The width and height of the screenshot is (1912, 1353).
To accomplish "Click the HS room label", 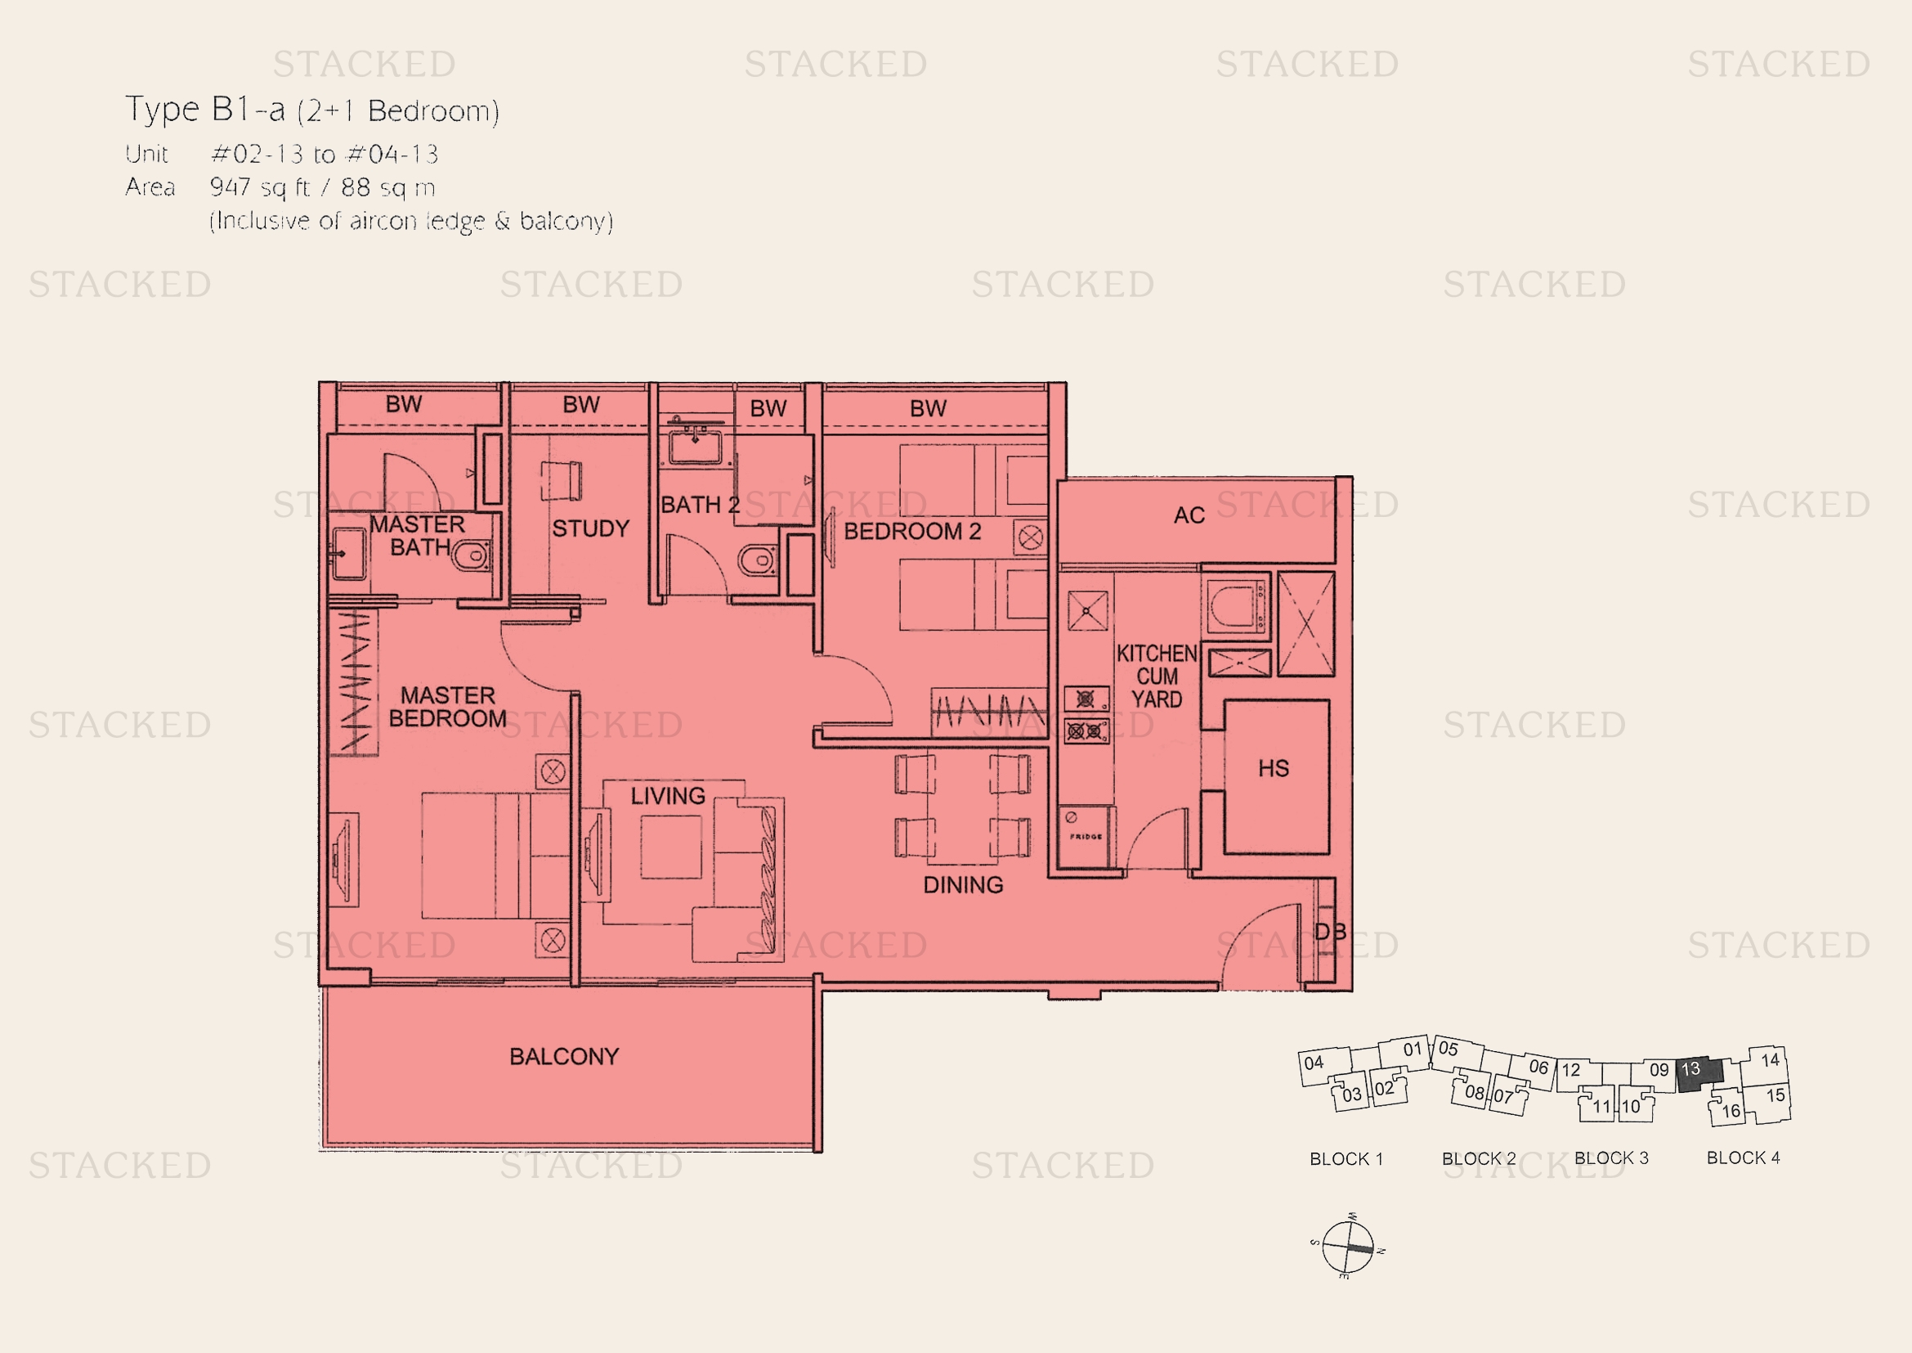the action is point(1274,768).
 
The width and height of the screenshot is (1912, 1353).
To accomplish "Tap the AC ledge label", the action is point(1189,515).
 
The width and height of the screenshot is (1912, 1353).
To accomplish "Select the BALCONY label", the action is point(565,1056).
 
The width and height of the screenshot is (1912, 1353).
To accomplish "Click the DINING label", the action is point(964,885).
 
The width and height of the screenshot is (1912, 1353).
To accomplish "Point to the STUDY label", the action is point(590,528).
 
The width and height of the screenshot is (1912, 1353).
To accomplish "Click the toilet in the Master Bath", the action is point(472,555).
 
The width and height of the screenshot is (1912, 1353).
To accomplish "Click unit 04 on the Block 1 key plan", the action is point(1324,1067).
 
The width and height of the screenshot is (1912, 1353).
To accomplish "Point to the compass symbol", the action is point(1346,1247).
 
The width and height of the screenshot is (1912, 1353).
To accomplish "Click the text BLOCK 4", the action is point(1743,1157).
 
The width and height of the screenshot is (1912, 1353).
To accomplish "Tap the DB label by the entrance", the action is point(1330,932).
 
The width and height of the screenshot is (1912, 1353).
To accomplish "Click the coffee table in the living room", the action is point(670,847).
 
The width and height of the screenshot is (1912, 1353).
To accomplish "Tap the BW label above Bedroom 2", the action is point(928,408).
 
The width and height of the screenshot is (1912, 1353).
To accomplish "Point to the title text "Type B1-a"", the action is point(205,109).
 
